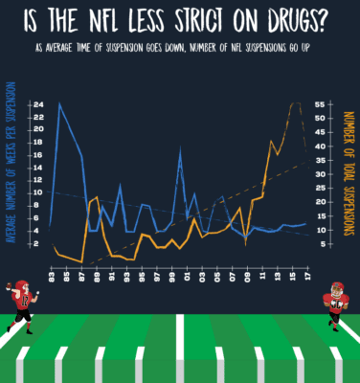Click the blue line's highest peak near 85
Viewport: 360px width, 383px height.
60,103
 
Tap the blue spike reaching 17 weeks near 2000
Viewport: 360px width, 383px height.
180,148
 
